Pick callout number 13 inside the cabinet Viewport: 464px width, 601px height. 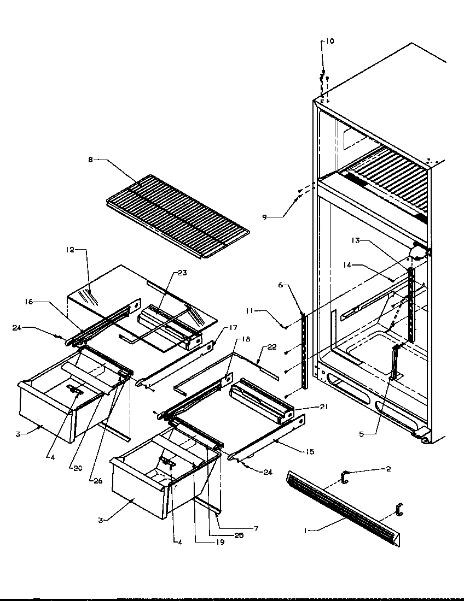pyautogui.click(x=355, y=240)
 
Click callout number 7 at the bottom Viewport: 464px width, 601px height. pyautogui.click(x=256, y=528)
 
